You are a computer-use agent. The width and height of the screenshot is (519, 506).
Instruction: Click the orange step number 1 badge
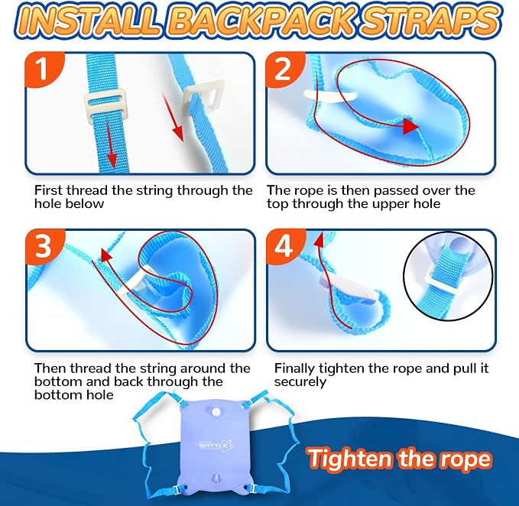click(x=42, y=69)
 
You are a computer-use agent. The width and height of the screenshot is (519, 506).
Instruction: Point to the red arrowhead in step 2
click(x=410, y=126)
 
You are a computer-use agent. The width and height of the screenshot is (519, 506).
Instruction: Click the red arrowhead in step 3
click(x=106, y=255)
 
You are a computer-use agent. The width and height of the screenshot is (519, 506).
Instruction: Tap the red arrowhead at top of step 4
click(x=319, y=239)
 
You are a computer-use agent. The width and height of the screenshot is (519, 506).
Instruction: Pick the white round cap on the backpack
click(x=216, y=412)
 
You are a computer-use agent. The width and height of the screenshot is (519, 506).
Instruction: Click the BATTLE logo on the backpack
click(x=216, y=445)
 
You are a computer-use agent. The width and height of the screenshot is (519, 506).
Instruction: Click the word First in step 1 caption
click(x=49, y=190)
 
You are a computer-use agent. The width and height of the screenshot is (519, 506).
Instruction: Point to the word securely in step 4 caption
click(x=300, y=382)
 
